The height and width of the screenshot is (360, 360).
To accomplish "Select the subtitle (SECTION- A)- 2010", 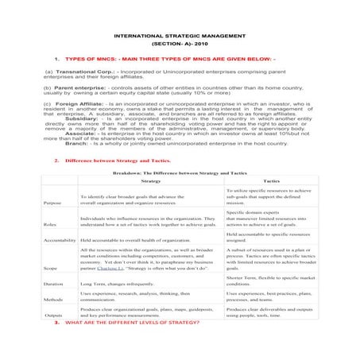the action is click(x=180, y=45).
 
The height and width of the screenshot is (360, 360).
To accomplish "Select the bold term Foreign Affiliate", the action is click(x=79, y=103).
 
